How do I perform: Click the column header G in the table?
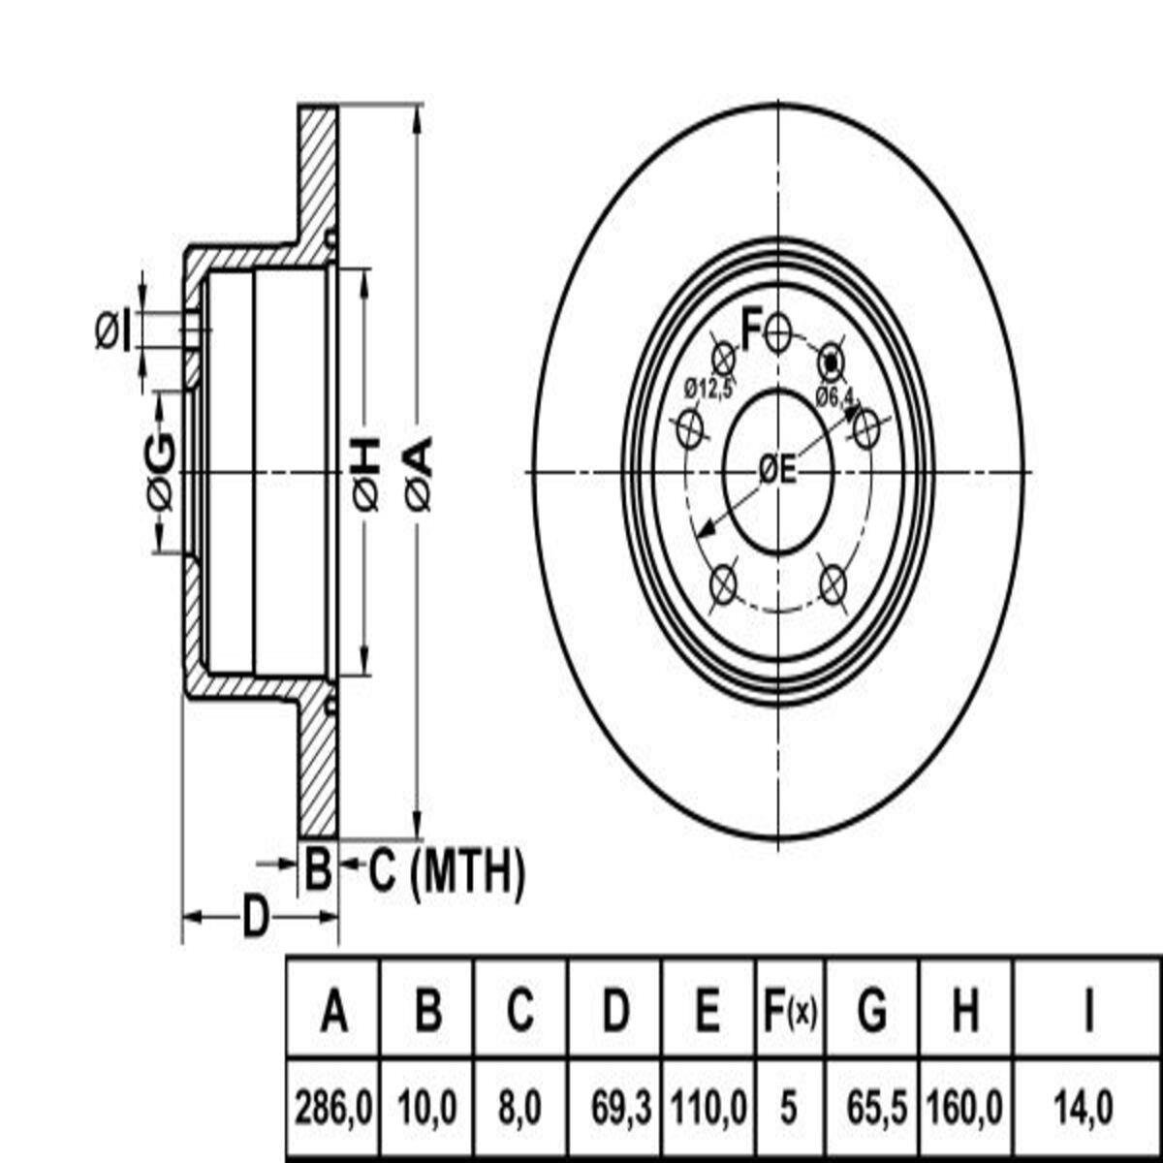coord(872,1009)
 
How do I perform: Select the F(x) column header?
coord(791,1009)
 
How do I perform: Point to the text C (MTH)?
coord(446,869)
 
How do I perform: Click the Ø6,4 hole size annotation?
coord(834,396)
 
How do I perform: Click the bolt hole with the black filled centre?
coord(832,362)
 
